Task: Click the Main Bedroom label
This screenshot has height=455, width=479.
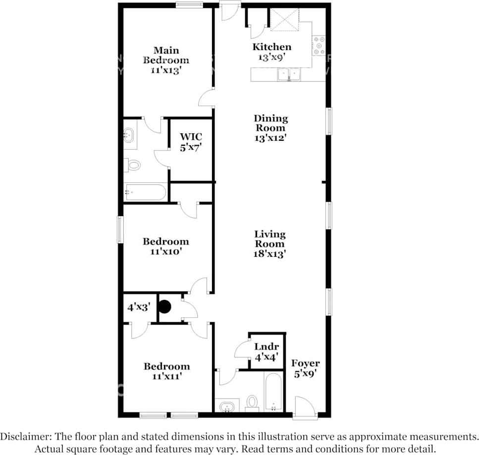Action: [x=166, y=55]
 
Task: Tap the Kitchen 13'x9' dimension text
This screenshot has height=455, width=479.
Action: [x=271, y=57]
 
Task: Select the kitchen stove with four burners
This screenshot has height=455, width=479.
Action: [x=319, y=46]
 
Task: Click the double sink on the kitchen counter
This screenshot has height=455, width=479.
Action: [x=288, y=74]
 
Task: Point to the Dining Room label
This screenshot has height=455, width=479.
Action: [x=270, y=123]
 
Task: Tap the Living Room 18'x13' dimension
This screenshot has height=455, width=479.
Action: [x=270, y=254]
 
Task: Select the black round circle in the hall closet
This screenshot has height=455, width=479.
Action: [x=164, y=307]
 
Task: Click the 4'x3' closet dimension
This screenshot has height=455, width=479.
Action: [x=138, y=307]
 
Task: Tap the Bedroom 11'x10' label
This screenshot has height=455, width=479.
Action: [x=165, y=246]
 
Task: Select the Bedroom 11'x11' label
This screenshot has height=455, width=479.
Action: [x=166, y=371]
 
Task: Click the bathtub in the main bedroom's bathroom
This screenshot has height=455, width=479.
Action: [x=146, y=192]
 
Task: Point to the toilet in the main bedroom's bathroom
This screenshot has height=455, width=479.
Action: [x=132, y=165]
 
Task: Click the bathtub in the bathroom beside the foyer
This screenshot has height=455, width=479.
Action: [x=273, y=392]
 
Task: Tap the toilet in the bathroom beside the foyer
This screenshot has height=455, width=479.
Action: [x=252, y=402]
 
